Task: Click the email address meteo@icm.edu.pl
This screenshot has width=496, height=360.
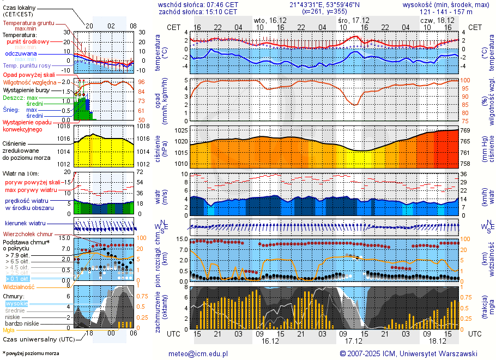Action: [197, 353]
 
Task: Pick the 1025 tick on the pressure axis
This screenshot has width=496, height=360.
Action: [181, 131]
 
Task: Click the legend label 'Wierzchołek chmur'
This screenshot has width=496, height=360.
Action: [27, 233]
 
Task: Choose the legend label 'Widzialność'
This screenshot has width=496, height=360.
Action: [19, 286]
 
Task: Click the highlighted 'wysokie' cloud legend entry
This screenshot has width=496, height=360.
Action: [16, 303]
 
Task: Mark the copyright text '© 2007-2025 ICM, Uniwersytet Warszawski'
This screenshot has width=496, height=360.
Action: [408, 353]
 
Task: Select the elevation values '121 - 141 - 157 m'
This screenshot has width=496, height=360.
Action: [446, 11]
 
